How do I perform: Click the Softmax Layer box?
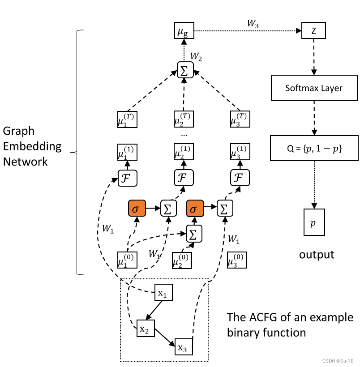[x=313, y=88]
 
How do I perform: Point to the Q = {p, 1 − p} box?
[x=313, y=148]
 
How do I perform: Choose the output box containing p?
[x=313, y=222]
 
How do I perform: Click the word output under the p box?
[x=317, y=255]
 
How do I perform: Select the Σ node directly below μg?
[x=183, y=69]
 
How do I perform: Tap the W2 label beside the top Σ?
[x=197, y=57]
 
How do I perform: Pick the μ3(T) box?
[x=239, y=119]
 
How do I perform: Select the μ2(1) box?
[x=183, y=152]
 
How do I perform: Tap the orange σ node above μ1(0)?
[x=137, y=209]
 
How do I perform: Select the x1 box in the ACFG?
[x=163, y=293]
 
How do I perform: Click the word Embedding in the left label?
[x=32, y=146]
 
